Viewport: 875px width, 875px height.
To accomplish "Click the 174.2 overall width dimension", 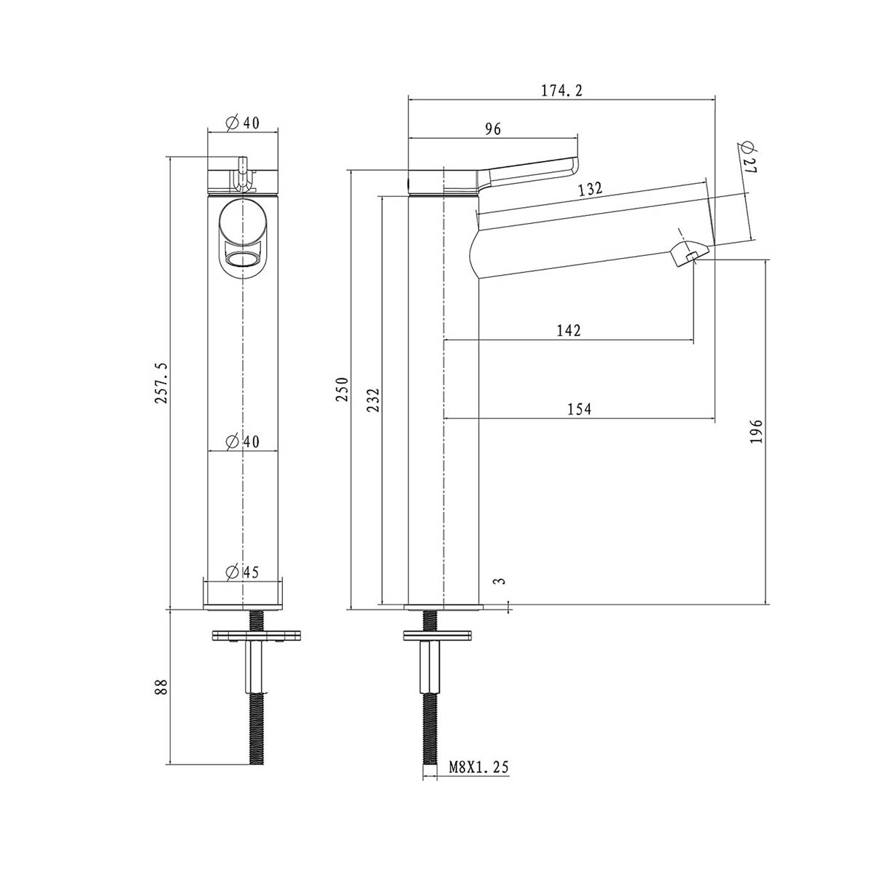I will [561, 91].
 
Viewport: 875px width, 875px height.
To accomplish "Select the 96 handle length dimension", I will [493, 129].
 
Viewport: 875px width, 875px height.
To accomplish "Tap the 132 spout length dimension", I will [590, 189].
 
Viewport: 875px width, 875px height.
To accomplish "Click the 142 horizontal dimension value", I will [569, 330].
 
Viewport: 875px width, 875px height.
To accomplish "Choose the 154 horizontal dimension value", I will [579, 409].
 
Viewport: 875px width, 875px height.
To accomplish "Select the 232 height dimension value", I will [373, 400].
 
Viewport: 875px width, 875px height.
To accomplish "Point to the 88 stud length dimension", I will [162, 686].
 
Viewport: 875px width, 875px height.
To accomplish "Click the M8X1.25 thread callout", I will [478, 767].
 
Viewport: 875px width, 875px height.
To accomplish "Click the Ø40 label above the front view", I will [242, 122].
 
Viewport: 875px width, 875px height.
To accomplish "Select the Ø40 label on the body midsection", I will [242, 441].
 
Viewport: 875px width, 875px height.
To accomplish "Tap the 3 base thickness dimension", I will [499, 581].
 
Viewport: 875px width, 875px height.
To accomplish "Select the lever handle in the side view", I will [529, 172].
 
